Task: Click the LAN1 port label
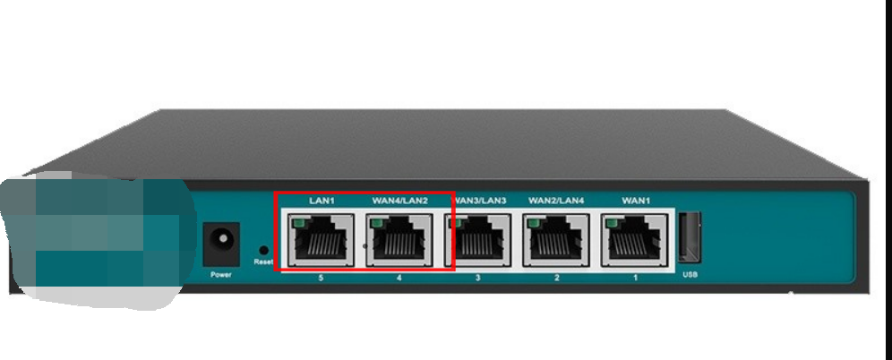[321, 201]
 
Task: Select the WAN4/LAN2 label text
[399, 201]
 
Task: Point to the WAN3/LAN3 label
[478, 201]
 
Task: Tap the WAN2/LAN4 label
[556, 201]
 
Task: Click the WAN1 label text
[636, 201]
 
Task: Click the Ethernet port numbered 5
[321, 240]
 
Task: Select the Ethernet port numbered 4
[399, 240]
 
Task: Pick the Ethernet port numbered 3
[478, 240]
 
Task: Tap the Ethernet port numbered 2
[556, 240]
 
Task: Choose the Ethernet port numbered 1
[636, 240]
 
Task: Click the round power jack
[220, 241]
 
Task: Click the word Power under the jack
[220, 274]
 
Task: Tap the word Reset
[262, 261]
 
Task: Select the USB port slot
[690, 238]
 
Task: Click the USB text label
[690, 274]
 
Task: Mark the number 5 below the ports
[321, 279]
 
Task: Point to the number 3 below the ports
[478, 279]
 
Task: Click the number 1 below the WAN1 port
[636, 279]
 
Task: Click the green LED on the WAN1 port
[613, 221]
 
